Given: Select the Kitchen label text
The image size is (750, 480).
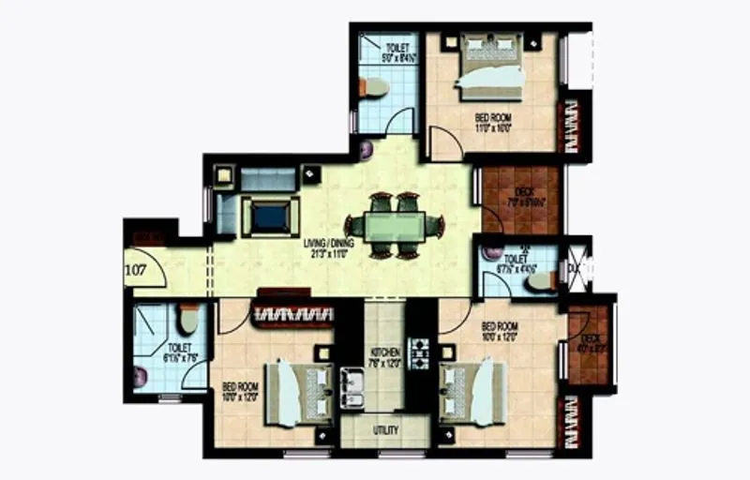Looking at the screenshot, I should tap(384, 358).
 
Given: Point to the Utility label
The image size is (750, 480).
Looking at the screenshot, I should tap(385, 430).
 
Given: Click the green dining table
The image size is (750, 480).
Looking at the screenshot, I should tap(394, 226).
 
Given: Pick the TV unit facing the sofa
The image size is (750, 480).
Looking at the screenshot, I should tap(270, 217).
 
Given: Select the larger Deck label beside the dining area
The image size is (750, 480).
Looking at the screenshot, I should tap(519, 196).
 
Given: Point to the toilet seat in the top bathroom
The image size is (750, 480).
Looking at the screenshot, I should tap(372, 88).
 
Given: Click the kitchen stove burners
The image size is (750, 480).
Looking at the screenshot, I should tap(418, 355).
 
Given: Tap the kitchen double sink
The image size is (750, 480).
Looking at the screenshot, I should tap(354, 382).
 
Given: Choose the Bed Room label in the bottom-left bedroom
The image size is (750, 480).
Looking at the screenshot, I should tap(240, 390).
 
